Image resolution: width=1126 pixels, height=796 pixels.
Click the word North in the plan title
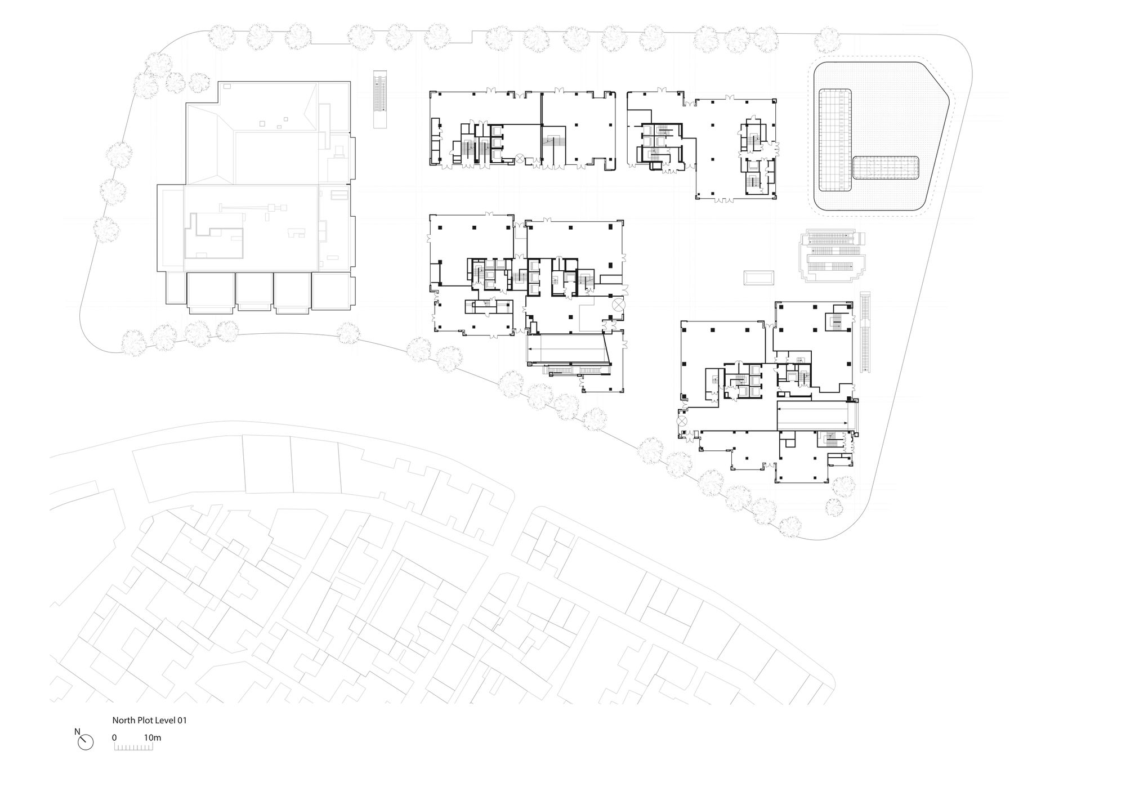123,720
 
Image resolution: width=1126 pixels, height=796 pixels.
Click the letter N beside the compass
77,732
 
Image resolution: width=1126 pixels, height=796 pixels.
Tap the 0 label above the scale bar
114,737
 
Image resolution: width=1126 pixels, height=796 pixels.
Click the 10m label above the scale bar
153,737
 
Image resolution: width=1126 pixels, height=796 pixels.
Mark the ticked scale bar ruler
133,746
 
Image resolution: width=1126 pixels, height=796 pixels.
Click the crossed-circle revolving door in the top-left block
520,160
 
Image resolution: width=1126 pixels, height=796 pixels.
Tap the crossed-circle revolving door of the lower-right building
682,419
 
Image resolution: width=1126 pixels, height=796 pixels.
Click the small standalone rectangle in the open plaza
759,278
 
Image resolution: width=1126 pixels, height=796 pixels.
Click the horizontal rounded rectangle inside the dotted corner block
886,168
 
